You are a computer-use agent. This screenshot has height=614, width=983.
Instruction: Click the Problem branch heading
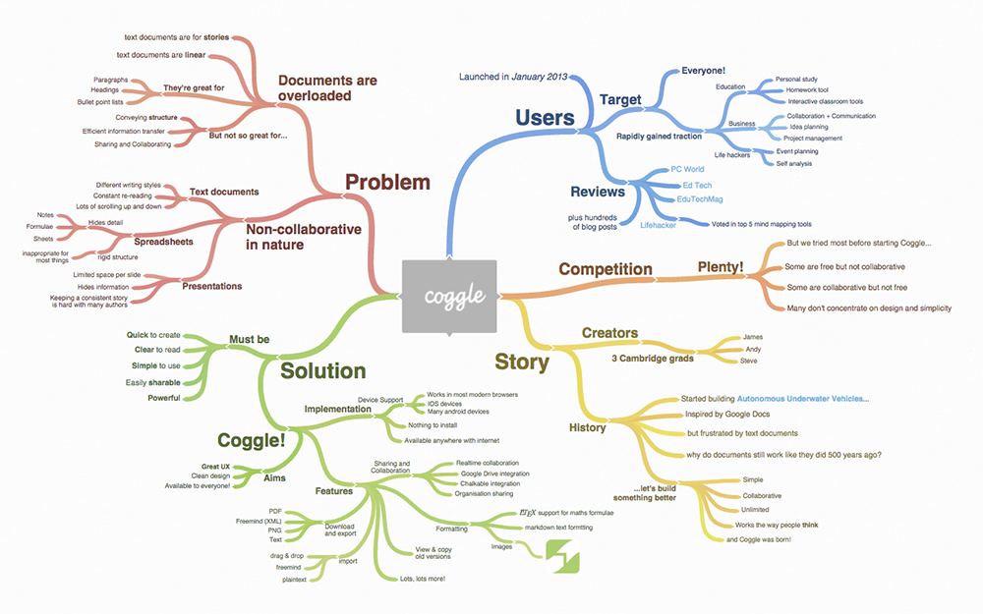pyautogui.click(x=387, y=182)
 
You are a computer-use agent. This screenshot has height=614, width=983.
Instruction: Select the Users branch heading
pyautogui.click(x=545, y=118)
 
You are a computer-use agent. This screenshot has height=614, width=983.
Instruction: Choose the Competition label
pyautogui.click(x=606, y=268)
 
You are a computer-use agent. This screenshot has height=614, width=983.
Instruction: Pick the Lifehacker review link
pyautogui.click(x=659, y=225)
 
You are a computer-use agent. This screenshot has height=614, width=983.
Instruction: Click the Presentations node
pyautogui.click(x=211, y=286)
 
